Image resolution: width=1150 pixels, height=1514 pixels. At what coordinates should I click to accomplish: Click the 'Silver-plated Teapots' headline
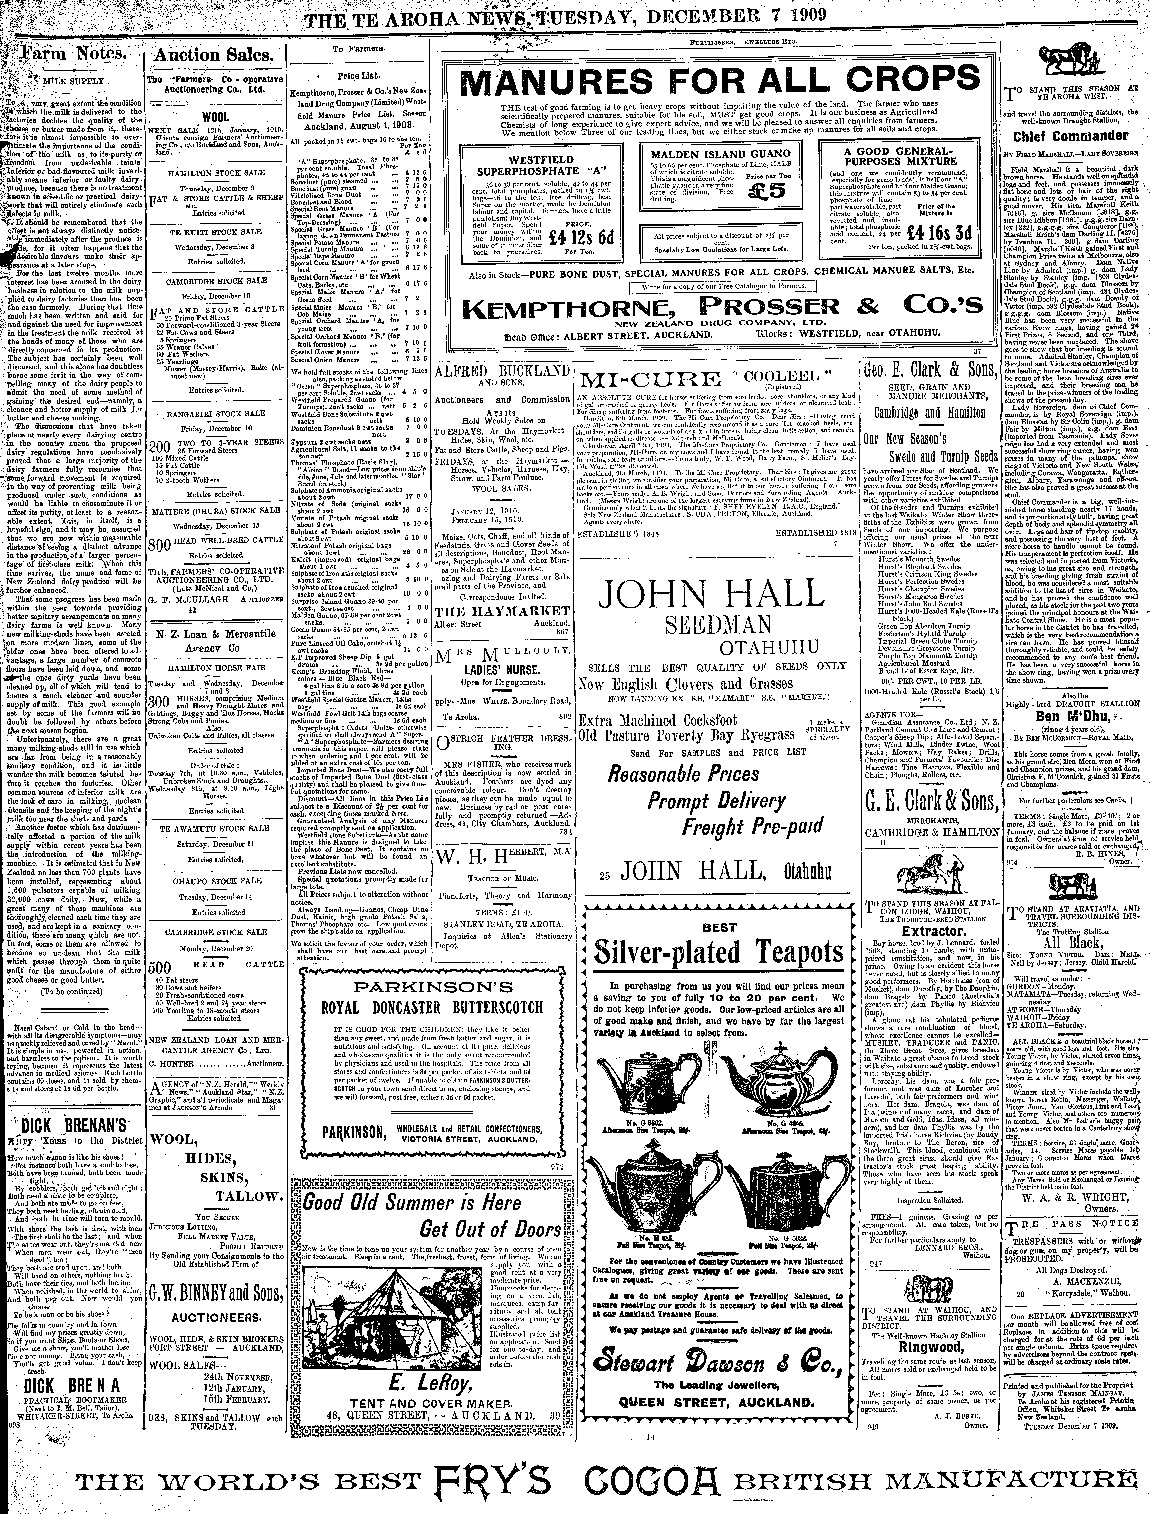click(718, 952)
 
